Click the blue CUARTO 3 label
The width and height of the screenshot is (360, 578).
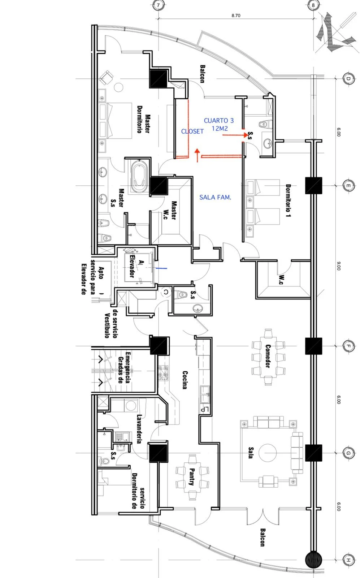(219, 121)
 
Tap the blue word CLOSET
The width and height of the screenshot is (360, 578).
(192, 131)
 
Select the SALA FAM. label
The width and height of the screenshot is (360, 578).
(215, 197)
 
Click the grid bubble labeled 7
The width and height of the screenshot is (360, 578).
(159, 5)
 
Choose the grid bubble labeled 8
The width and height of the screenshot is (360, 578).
(313, 5)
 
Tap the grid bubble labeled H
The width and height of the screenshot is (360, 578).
(348, 560)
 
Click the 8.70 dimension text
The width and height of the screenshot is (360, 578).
(236, 16)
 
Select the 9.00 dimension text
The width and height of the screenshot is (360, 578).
(339, 266)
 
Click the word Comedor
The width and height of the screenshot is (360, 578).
(268, 356)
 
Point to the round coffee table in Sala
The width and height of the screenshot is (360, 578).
(268, 452)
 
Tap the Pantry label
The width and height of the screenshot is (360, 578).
(192, 477)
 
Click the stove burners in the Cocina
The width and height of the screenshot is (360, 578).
(163, 373)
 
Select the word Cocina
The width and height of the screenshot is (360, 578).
(185, 380)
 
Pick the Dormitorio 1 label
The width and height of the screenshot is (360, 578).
(288, 200)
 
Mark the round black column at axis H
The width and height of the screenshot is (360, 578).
(313, 560)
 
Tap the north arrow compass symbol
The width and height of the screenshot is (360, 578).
(335, 32)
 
